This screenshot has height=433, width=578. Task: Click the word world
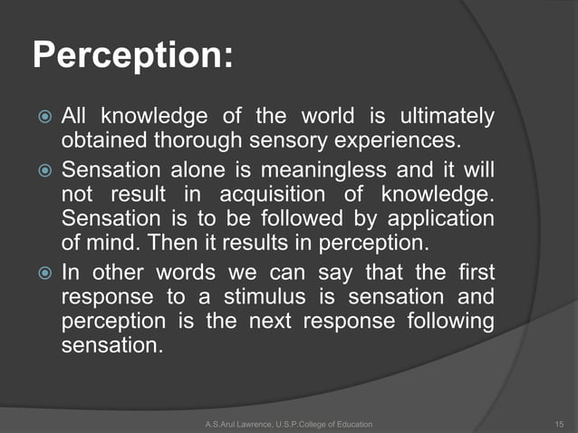323,117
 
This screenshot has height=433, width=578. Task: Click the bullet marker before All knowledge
43,118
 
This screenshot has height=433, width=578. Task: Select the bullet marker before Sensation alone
43,169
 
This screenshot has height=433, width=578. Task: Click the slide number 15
558,423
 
